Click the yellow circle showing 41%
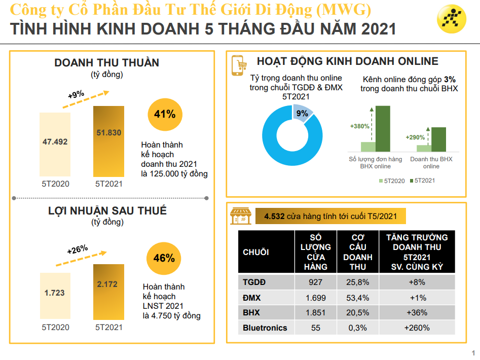tap(164, 114)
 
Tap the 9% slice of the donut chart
tap(303, 113)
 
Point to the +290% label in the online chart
tap(415, 137)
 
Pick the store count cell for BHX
tap(316, 313)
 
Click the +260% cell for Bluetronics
tap(417, 328)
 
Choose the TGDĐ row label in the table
tap(254, 282)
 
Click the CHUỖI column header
tap(256, 252)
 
